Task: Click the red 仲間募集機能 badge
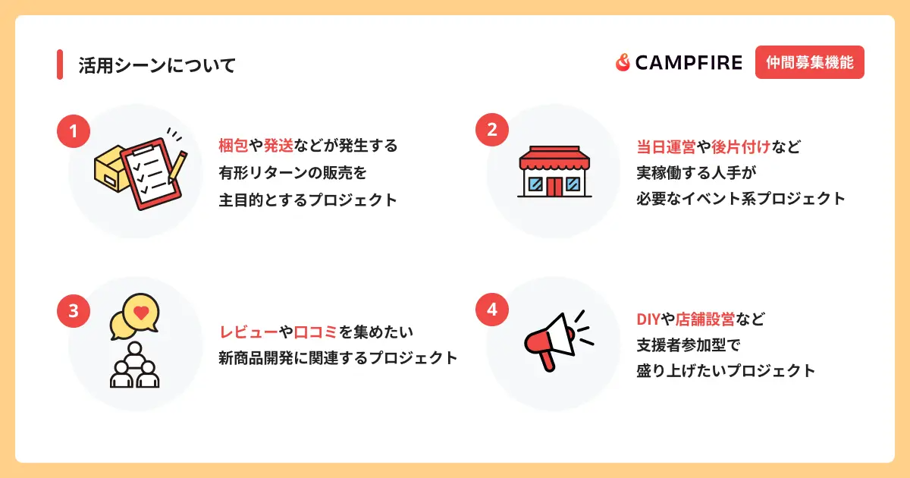click(x=810, y=62)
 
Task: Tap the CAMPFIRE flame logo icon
click(x=623, y=62)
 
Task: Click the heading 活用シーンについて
click(x=157, y=65)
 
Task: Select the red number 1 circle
click(x=74, y=131)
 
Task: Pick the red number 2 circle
click(x=492, y=130)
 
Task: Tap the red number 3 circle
click(x=74, y=311)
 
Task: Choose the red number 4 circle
click(x=492, y=310)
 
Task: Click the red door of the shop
click(x=554, y=187)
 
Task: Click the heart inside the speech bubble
click(x=141, y=313)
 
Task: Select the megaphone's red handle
click(x=547, y=360)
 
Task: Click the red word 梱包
click(x=234, y=146)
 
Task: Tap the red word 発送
click(x=278, y=146)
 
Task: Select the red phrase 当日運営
click(x=666, y=147)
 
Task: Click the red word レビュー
click(x=249, y=332)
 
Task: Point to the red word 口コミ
click(x=315, y=332)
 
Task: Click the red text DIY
click(x=648, y=319)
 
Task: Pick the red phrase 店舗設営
click(x=704, y=319)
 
